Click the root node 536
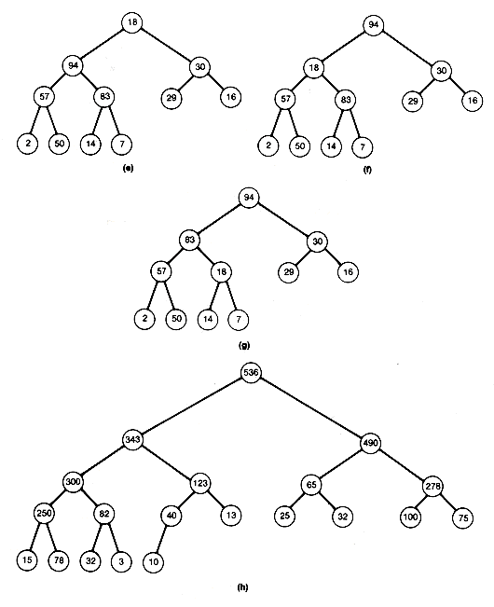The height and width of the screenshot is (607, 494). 251,373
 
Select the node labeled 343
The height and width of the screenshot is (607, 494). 132,440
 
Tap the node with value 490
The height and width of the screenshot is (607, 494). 370,443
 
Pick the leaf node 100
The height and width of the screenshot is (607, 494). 410,517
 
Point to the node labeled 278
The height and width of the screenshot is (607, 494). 432,486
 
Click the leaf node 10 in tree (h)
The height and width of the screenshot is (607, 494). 153,561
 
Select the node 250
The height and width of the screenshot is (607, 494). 44,514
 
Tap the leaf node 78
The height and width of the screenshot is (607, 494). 59,560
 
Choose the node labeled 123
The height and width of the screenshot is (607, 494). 200,483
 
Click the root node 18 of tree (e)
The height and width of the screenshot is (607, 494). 132,22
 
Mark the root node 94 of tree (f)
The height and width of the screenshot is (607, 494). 374,25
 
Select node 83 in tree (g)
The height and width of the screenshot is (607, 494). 189,240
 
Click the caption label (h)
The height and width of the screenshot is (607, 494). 242,587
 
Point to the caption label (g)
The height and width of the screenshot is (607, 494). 244,345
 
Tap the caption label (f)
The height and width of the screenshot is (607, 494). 367,170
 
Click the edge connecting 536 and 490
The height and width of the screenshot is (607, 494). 310,407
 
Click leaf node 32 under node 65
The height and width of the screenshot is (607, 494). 342,517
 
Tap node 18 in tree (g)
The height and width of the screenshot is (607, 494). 221,272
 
